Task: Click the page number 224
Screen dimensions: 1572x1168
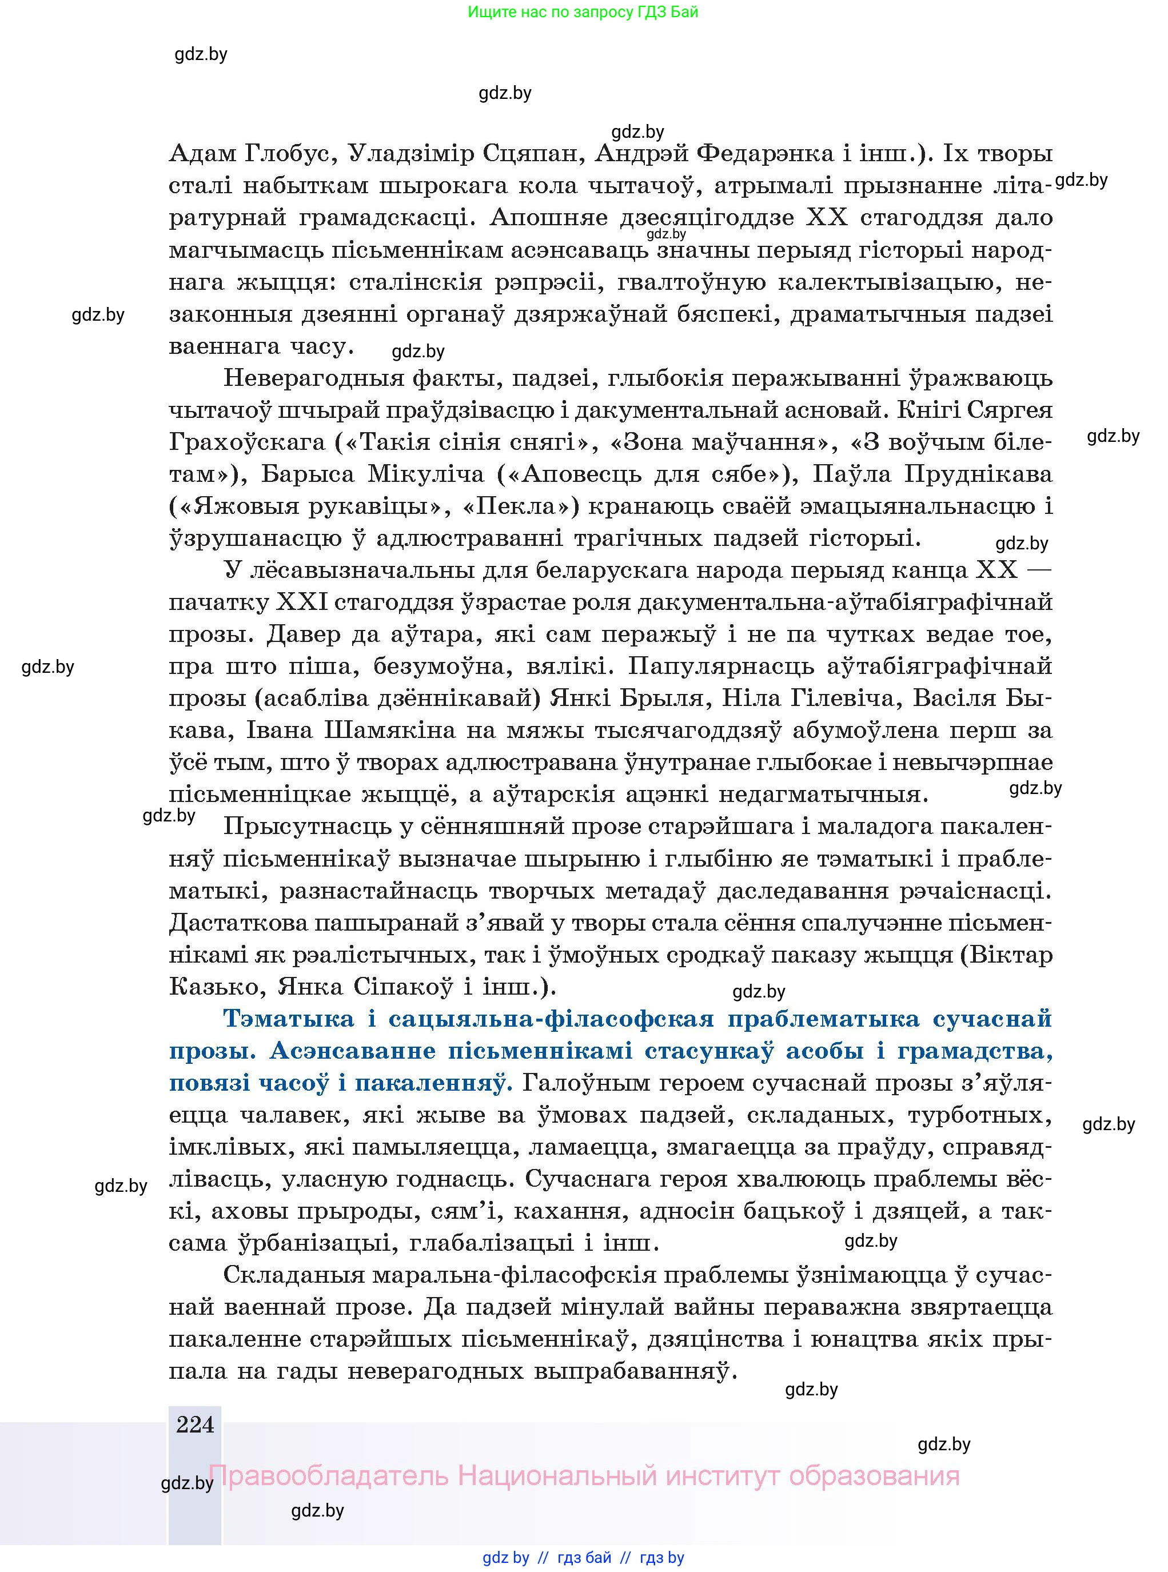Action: pos(195,1423)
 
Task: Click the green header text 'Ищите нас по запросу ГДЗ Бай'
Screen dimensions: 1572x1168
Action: pos(583,12)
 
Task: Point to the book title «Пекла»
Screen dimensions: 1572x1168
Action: pos(520,506)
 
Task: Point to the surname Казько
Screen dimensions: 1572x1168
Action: pos(216,986)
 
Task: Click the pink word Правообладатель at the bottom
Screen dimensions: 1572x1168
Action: pos(328,1476)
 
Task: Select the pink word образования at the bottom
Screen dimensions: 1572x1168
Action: pos(874,1476)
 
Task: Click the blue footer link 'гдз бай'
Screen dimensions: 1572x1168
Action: pos(584,1557)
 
